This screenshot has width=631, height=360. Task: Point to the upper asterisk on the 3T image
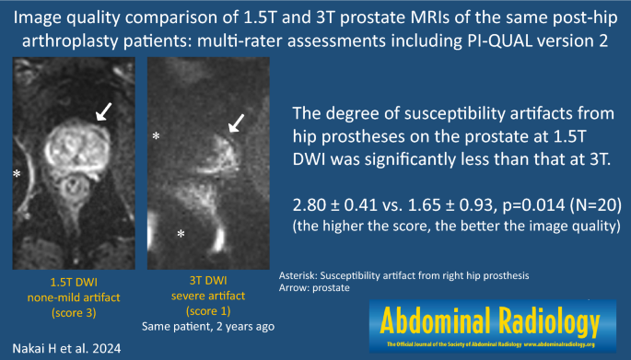pos(157,136)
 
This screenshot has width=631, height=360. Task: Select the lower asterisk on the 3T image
pos(181,235)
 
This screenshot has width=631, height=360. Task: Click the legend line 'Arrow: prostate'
pos(317,288)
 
